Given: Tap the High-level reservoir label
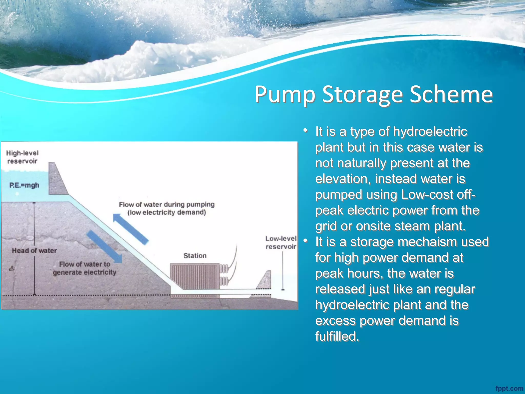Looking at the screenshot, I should (22, 157).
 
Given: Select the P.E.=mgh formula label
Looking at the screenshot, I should (24, 185).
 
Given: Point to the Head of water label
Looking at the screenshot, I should (34, 251).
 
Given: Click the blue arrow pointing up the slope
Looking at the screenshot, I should (130, 229).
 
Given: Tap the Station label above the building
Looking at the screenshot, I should (195, 255).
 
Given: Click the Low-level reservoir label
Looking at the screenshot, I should (281, 242).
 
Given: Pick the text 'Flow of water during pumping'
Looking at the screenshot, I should (167, 204).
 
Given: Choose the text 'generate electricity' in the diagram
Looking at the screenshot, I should (85, 272).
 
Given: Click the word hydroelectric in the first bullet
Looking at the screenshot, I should (430, 132).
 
